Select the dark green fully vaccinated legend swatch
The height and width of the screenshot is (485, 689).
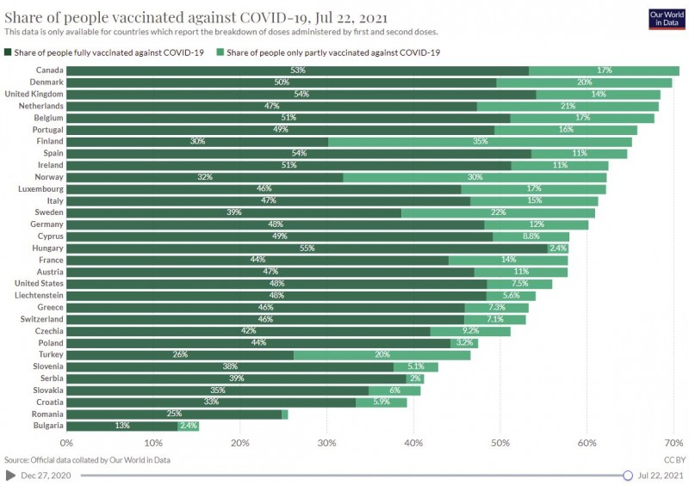[x=9, y=52]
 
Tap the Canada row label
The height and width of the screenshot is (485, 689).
[x=49, y=71]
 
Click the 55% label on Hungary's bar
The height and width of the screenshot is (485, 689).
[x=307, y=248]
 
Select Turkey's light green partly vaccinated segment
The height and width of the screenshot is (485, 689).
[x=382, y=354]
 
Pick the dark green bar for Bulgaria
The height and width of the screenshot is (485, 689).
[x=122, y=425]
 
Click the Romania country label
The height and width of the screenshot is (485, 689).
[x=45, y=414]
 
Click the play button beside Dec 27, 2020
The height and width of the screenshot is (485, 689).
[x=9, y=475]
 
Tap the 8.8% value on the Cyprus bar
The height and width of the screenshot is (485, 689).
[x=531, y=236]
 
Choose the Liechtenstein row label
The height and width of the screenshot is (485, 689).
[x=38, y=295]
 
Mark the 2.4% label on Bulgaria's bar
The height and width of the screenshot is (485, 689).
[x=189, y=425]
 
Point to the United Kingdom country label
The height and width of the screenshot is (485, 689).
[x=34, y=94]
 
